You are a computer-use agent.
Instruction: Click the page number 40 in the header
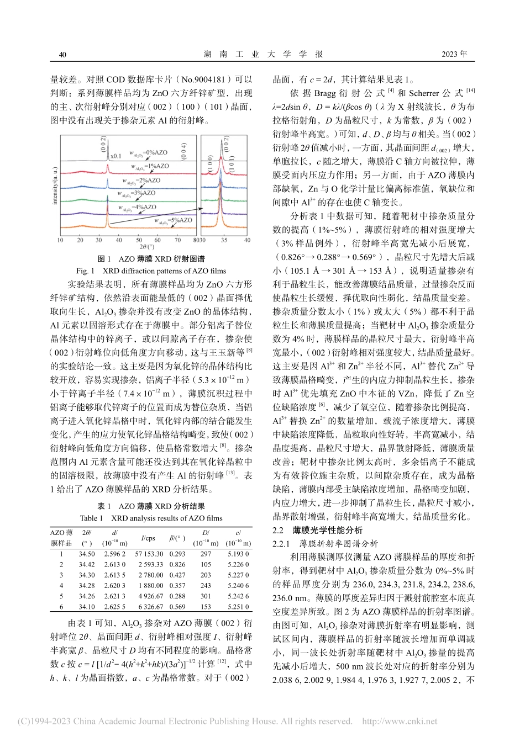[x=62, y=55]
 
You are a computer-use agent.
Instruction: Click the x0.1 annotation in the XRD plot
[x=116, y=156]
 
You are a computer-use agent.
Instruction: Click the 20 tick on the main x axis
[x=80, y=240]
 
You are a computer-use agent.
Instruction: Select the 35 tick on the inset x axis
[x=223, y=240]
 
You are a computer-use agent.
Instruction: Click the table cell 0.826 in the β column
[x=177, y=564]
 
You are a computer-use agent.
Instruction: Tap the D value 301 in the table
[x=206, y=596]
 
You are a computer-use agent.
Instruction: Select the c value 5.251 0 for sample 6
[x=238, y=607]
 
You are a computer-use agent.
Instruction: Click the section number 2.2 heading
[x=280, y=529]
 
